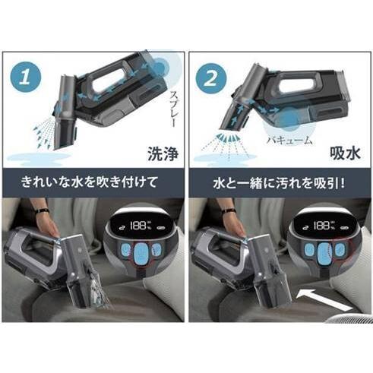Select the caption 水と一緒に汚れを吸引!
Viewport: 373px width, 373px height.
277,182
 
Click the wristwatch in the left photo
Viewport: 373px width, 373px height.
42,211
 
